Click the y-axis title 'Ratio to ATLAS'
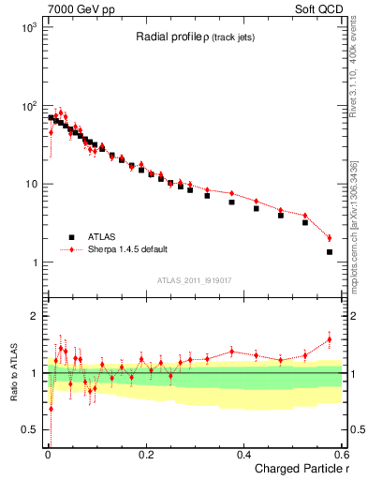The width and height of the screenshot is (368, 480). [13, 371]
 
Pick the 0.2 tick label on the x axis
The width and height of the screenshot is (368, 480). [145, 454]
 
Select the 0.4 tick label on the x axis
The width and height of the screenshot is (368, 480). [243, 454]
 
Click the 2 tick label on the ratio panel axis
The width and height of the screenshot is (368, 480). [37, 316]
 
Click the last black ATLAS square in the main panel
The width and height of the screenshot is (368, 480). [330, 251]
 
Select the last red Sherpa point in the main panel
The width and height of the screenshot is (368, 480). [330, 237]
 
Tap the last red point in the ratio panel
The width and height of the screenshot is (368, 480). [330, 339]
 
